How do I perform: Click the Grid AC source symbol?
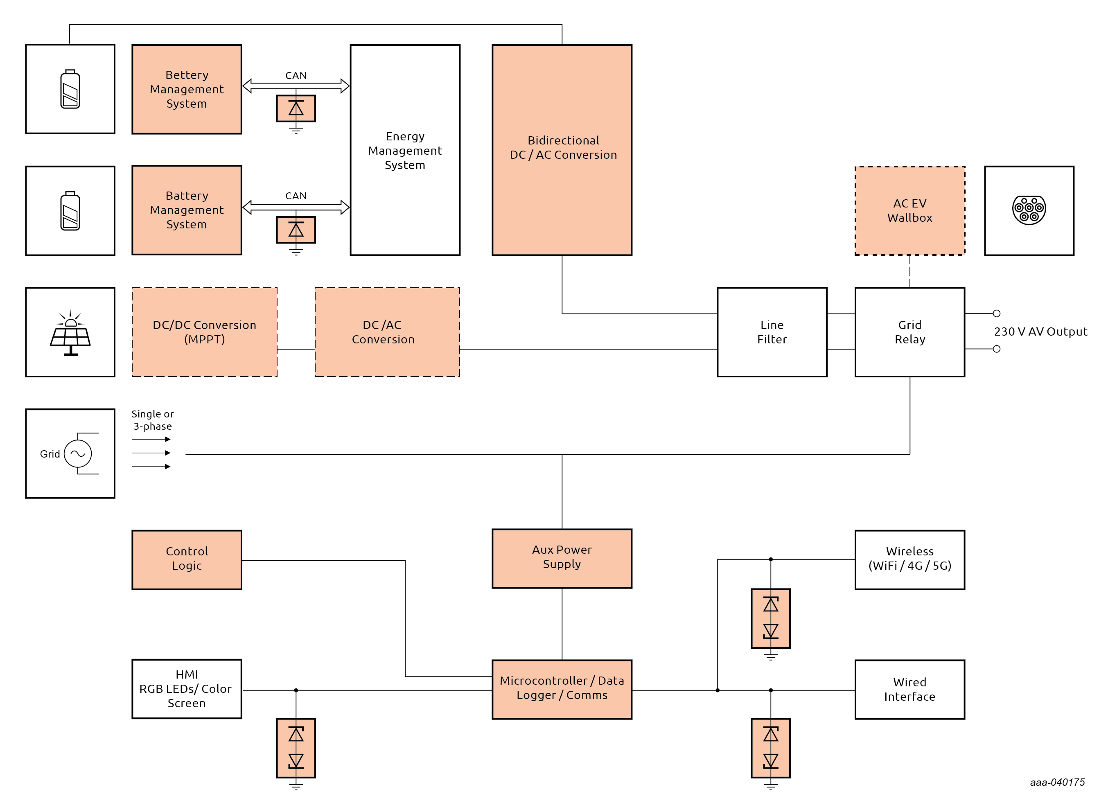tap(78, 453)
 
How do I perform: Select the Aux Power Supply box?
tap(562, 558)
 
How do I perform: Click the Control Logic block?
tap(187, 559)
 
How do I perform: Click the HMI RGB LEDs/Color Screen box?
tap(187, 689)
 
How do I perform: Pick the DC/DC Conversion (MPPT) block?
tap(205, 332)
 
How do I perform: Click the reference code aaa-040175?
tap(1056, 782)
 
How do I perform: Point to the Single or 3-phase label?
tap(152, 420)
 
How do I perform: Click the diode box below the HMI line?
tap(296, 748)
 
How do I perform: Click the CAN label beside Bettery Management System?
tap(296, 75)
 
